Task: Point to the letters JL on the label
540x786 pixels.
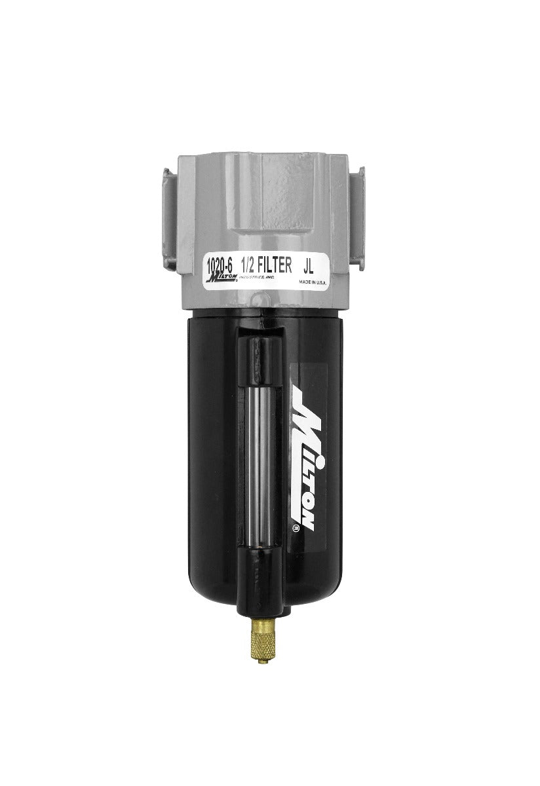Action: click(x=312, y=267)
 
